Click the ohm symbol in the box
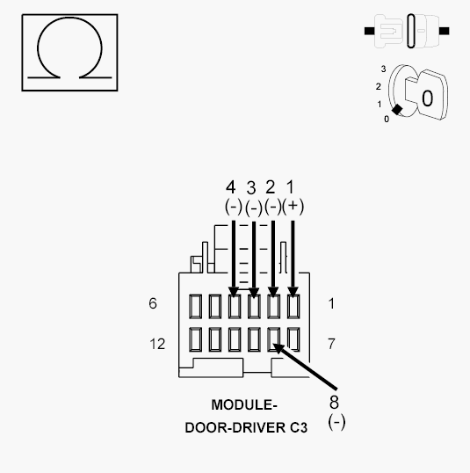[x=57, y=54]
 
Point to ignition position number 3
[x=383, y=68]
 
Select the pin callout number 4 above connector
[x=231, y=187]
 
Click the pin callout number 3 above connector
[x=252, y=187]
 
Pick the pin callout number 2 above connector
[x=271, y=187]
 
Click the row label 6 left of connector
[x=153, y=304]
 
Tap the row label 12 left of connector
[x=156, y=343]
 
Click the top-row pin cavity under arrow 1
[x=293, y=306]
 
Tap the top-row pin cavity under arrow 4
[x=234, y=306]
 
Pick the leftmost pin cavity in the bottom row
[x=194, y=339]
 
